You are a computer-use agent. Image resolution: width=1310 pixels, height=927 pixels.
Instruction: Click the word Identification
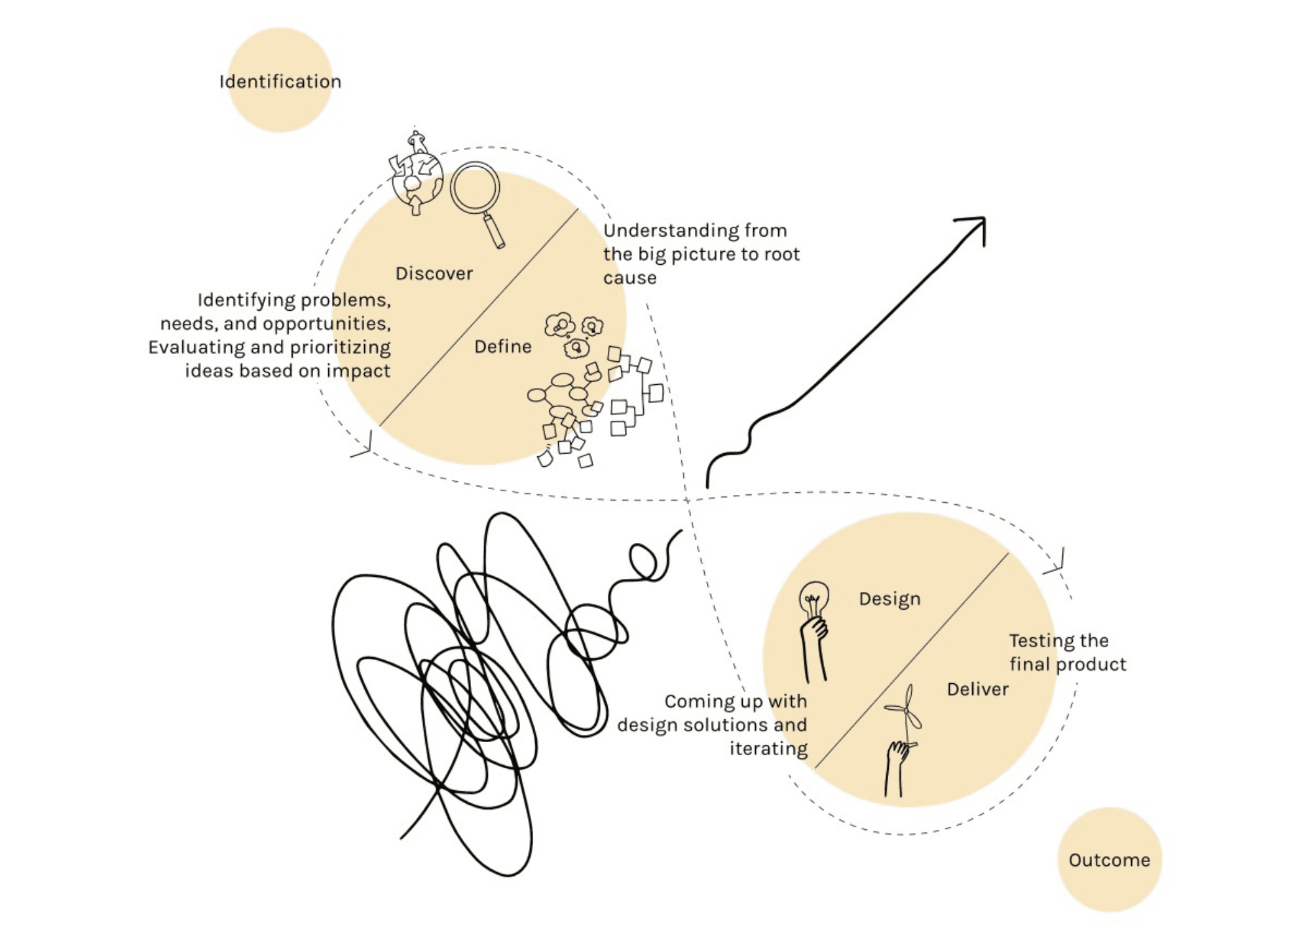pos(280,81)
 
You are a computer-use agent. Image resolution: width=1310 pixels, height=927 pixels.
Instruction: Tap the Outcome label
pos(1110,860)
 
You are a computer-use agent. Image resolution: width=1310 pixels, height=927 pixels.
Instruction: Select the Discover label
pos(434,273)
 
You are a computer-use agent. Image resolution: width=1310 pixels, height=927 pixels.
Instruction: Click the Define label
pos(503,346)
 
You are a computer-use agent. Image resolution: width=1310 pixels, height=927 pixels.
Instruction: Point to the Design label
pos(890,599)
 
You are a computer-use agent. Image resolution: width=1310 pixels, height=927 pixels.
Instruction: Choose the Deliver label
pos(978,689)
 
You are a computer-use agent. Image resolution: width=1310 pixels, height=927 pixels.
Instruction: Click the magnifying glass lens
pos(476,187)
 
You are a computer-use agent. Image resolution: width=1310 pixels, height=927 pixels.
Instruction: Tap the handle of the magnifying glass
pos(494,231)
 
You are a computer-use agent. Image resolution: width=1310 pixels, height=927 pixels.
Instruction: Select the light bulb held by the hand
pos(814,598)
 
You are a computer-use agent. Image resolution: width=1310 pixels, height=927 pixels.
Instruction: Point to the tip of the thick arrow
pos(984,218)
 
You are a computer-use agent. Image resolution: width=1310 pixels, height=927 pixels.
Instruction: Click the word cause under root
pos(630,278)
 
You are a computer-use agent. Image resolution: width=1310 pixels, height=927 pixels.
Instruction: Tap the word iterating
pos(768,749)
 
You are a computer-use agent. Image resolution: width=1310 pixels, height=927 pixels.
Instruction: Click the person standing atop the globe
pos(417,142)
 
